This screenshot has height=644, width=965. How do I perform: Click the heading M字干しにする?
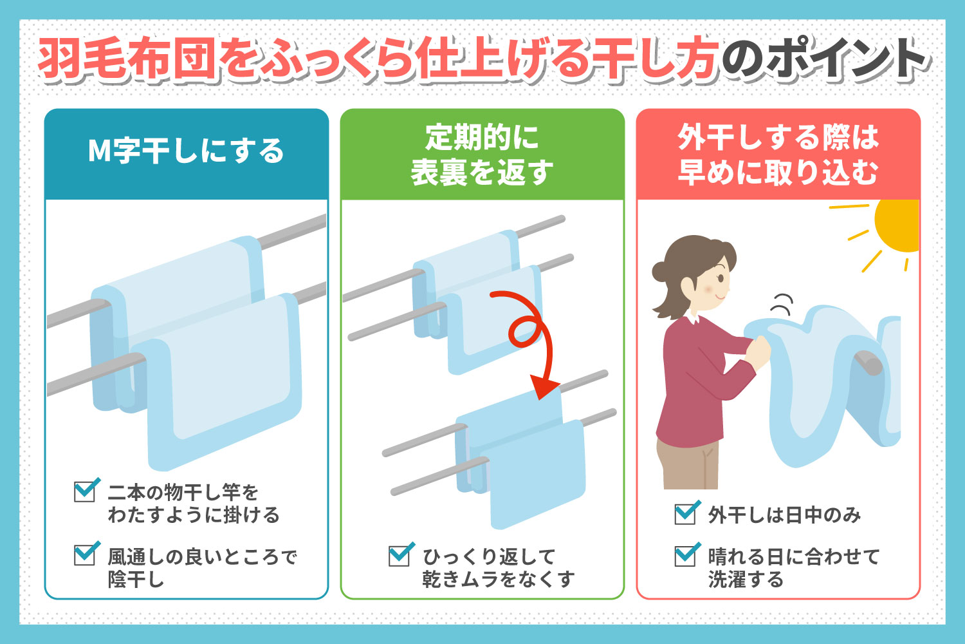[x=186, y=152]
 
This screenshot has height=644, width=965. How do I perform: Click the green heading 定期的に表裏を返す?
[x=482, y=155]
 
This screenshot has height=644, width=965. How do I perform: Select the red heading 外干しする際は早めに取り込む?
[x=778, y=155]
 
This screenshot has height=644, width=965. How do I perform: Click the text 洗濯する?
[x=746, y=579]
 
